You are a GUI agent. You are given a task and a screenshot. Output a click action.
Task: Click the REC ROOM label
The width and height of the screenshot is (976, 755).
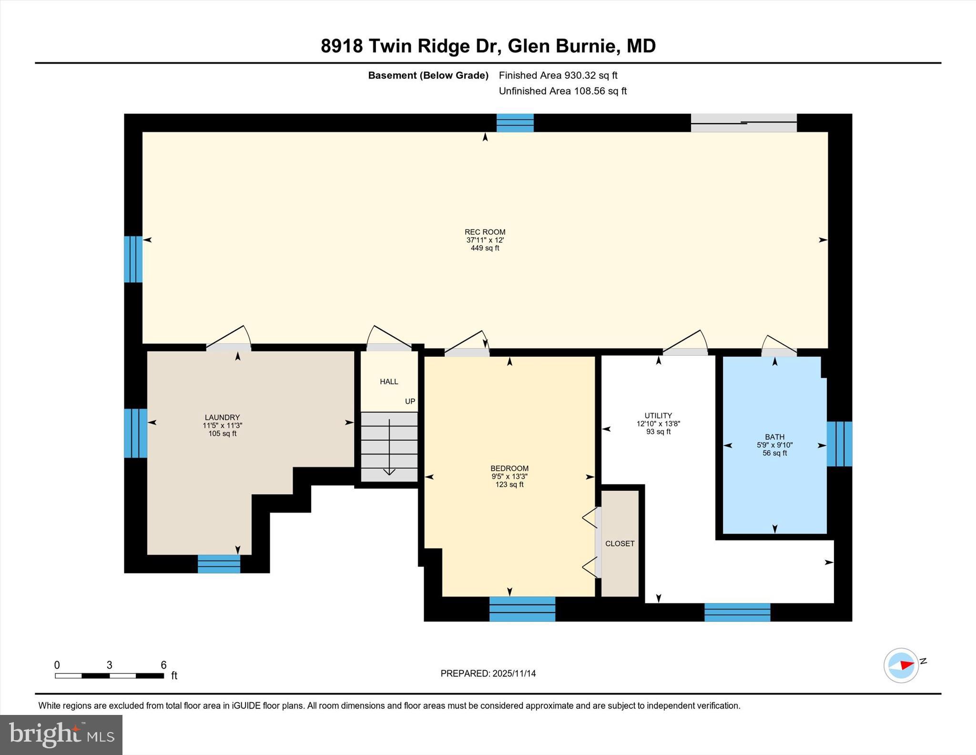point(485,232)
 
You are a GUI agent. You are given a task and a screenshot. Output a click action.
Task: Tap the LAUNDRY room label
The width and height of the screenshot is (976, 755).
point(222,417)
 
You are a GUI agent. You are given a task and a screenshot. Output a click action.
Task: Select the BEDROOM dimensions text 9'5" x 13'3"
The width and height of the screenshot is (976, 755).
point(509,476)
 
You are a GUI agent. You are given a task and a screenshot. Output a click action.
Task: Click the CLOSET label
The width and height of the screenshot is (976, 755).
point(620,544)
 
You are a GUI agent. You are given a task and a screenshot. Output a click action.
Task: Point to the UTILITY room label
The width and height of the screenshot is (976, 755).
point(658,415)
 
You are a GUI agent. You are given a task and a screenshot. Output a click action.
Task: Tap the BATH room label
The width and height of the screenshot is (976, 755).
point(774,437)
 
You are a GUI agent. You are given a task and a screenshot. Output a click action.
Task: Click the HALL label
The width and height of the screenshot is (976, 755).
point(389,382)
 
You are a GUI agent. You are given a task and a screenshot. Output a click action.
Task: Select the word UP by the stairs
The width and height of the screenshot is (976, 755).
point(410,402)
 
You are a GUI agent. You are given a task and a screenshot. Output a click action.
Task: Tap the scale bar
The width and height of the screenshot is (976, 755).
point(110,675)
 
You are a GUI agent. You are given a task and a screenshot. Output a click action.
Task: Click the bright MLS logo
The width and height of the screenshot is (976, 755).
point(61,734)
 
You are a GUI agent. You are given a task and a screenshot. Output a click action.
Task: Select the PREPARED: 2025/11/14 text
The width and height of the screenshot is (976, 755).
point(488,673)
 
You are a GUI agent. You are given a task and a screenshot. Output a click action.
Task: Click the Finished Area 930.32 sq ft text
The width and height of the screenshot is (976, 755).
point(558,75)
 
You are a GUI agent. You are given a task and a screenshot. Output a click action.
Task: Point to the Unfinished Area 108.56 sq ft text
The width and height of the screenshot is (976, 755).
point(562,91)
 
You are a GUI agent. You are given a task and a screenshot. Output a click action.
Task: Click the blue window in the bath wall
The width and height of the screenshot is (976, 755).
point(839,444)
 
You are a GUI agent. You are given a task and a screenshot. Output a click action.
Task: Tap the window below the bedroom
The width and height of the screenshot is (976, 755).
point(522,609)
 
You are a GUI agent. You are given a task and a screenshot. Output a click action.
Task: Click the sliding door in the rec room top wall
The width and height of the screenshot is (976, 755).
point(743,123)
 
